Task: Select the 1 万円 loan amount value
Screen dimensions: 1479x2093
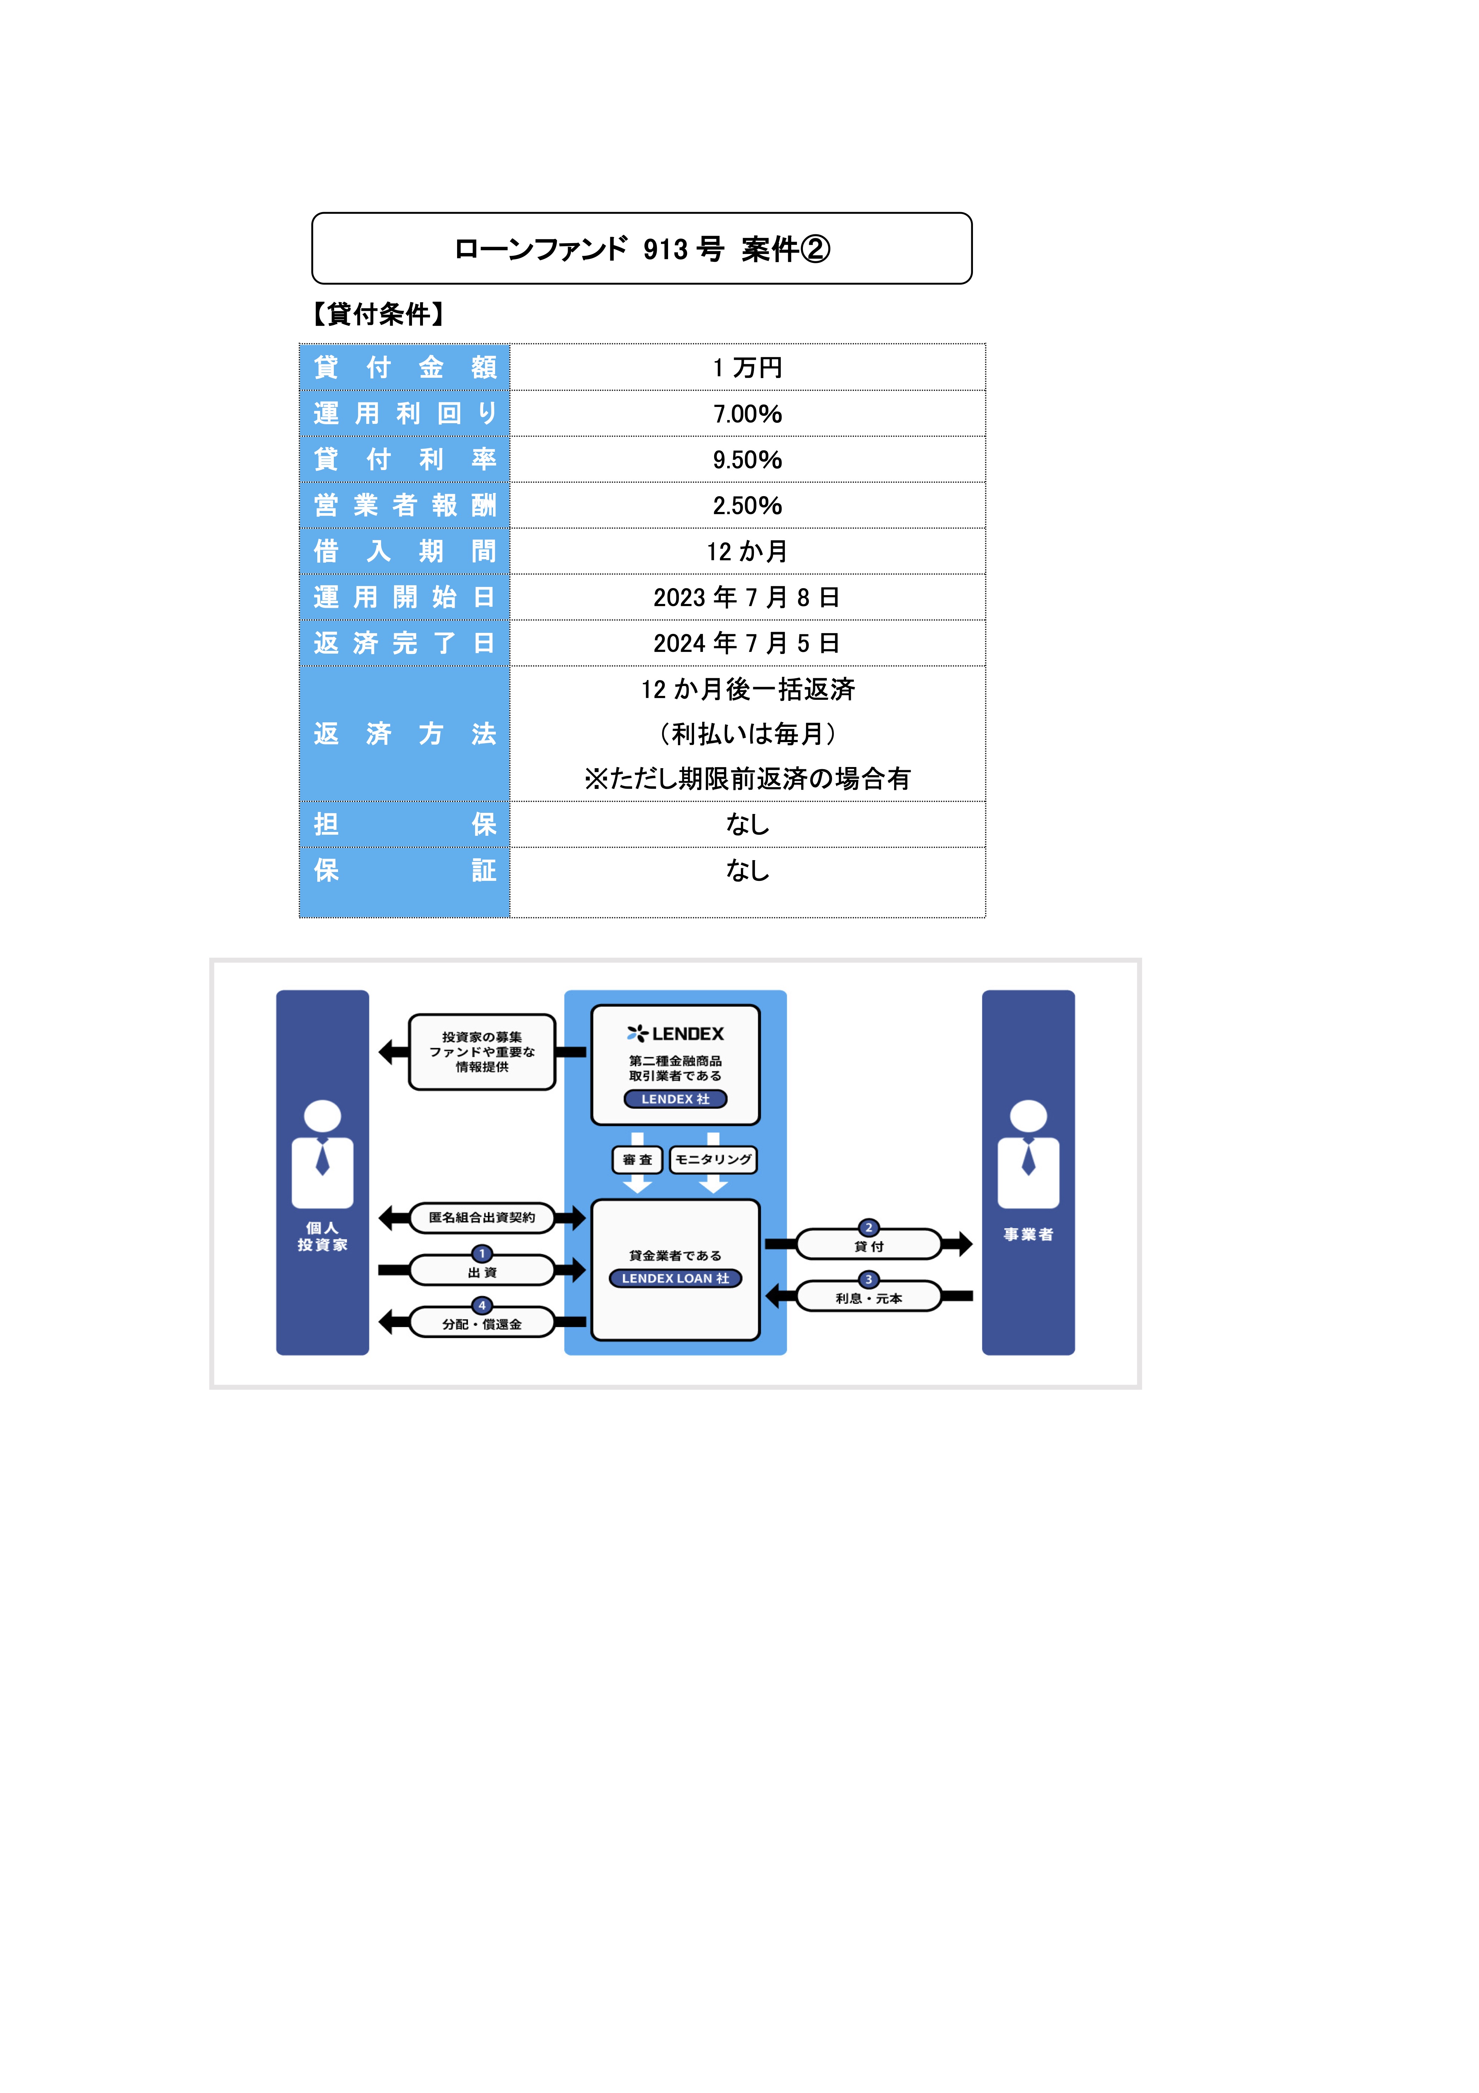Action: [747, 368]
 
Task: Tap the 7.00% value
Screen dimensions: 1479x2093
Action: [747, 414]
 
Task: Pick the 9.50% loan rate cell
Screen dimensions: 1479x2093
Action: [747, 459]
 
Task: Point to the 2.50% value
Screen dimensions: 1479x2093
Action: [747, 505]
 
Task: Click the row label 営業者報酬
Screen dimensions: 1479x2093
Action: [405, 505]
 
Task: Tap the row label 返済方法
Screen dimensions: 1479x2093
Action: [405, 734]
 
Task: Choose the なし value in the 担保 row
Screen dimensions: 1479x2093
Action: [747, 824]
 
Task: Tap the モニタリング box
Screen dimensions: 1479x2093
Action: [713, 1160]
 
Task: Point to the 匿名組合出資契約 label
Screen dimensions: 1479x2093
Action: [482, 1217]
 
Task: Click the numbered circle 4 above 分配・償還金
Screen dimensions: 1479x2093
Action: [482, 1305]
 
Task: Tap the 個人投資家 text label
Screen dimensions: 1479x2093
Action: [323, 1236]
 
